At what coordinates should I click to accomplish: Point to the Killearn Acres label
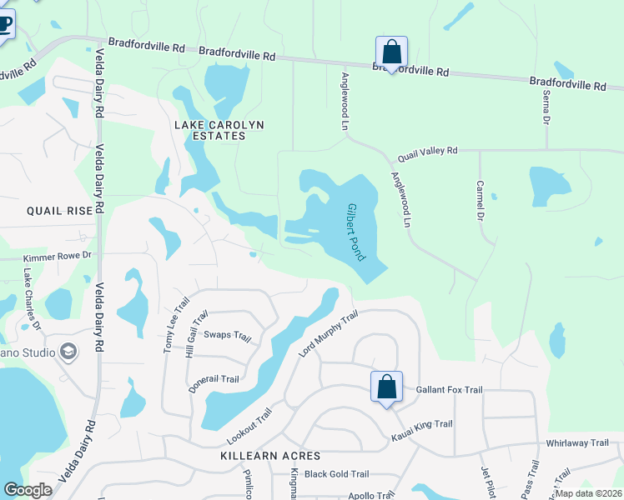click(270, 457)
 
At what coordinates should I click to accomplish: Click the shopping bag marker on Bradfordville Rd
click(391, 52)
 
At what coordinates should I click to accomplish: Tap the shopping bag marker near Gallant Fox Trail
click(386, 387)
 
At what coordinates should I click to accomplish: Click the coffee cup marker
click(4, 23)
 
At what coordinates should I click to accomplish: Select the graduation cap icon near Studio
click(68, 352)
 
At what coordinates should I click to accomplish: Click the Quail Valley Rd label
click(428, 151)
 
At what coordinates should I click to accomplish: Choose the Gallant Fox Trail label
click(449, 389)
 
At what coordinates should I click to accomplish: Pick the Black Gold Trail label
click(336, 474)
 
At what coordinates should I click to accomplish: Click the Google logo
click(28, 490)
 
